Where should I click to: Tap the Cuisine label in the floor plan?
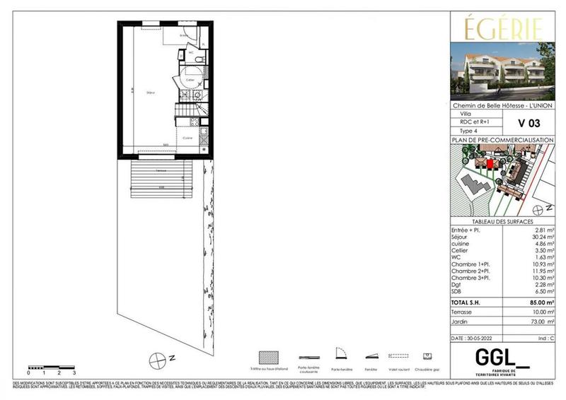click(x=188, y=138)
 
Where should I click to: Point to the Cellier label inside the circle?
click(x=190, y=80)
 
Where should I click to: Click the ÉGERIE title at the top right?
click(x=504, y=30)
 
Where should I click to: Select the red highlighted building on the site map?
click(x=489, y=164)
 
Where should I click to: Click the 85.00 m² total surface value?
click(x=541, y=302)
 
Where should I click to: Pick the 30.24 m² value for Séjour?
click(x=542, y=238)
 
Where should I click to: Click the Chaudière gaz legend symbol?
click(x=427, y=355)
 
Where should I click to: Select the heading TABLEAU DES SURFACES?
click(x=502, y=221)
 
